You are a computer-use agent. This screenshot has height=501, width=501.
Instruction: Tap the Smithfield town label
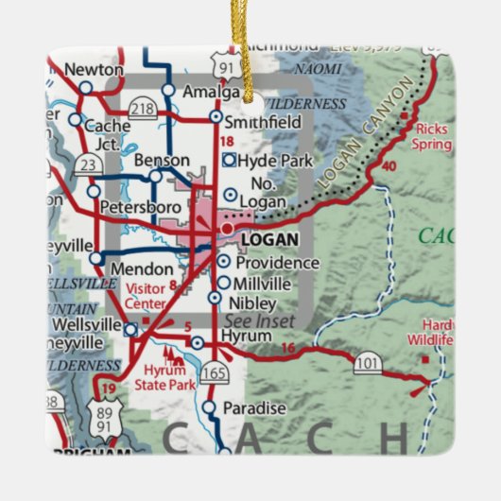268,122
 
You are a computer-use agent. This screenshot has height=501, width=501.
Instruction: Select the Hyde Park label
273,161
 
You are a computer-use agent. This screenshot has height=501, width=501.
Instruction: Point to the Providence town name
277,262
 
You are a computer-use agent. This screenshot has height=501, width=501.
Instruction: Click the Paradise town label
253,407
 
